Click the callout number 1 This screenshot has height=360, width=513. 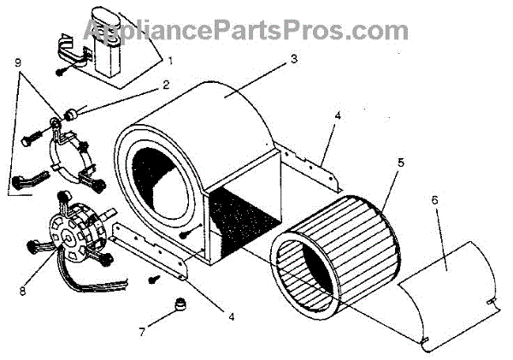point(170,61)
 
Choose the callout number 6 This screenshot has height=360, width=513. point(434,199)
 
